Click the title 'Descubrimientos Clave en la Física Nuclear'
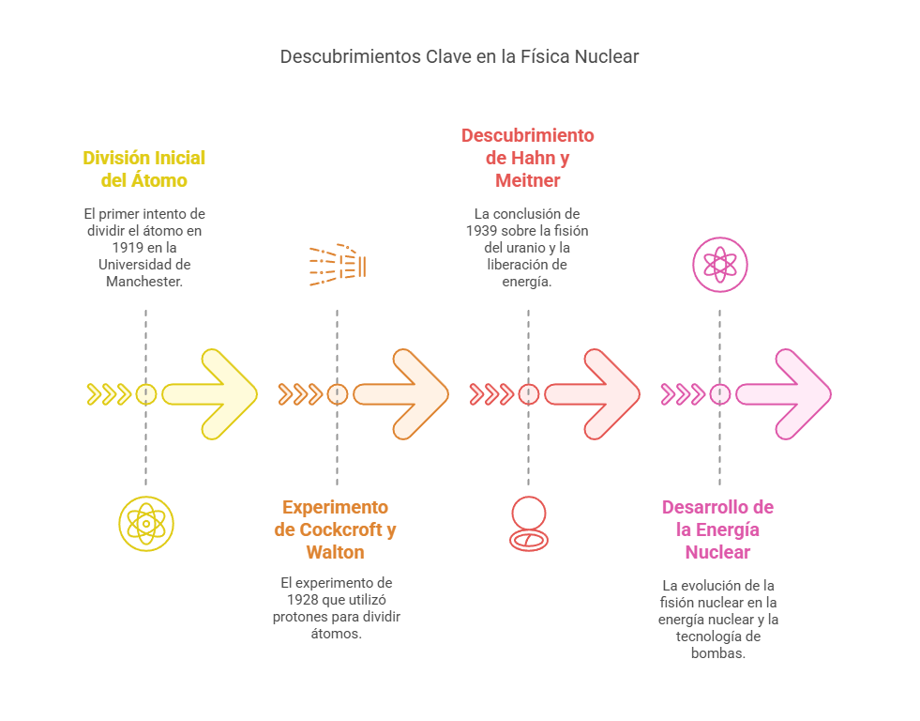[460, 56]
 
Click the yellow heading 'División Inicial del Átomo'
[144, 169]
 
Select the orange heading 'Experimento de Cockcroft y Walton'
[336, 529]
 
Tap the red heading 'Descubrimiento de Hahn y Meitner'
[527, 158]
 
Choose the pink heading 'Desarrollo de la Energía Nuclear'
[717, 529]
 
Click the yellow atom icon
[146, 523]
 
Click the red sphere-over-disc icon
[528, 523]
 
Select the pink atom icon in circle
[720, 265]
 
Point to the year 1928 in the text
[302, 599]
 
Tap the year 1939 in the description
[482, 230]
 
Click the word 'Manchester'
[144, 281]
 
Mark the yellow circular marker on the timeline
[146, 394]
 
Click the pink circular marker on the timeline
[719, 394]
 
